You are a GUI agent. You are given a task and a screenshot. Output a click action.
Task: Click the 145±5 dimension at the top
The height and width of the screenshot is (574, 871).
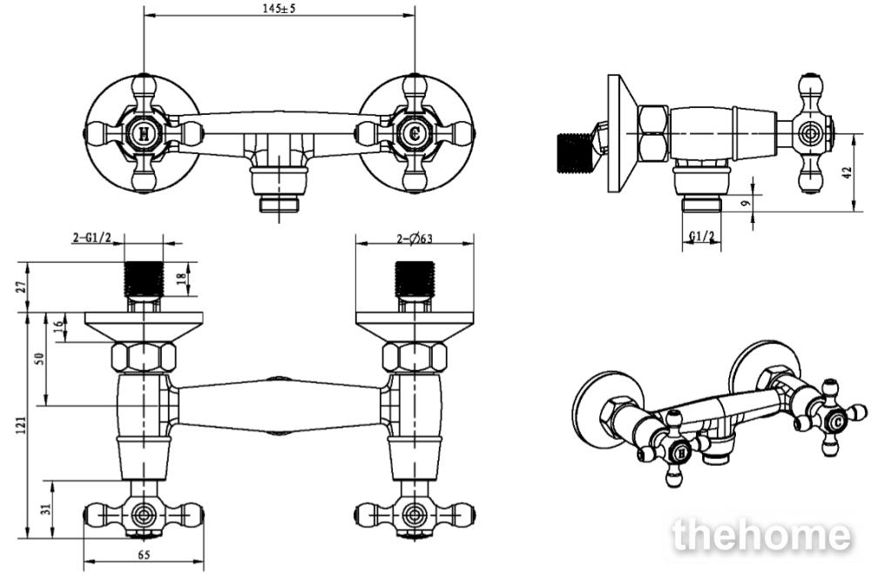point(279,8)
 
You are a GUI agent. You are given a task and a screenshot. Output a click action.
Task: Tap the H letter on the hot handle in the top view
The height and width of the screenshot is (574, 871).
point(144,133)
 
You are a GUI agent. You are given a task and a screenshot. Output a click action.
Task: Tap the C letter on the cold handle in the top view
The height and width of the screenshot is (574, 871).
point(415,133)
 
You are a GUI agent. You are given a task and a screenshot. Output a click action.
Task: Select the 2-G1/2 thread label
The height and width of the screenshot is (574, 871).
point(91,238)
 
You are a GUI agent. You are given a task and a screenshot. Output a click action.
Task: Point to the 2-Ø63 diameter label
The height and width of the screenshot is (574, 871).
point(415,239)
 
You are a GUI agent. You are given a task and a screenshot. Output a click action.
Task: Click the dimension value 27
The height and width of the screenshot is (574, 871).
point(22,287)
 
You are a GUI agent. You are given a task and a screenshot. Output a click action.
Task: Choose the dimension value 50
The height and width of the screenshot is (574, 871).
point(39,359)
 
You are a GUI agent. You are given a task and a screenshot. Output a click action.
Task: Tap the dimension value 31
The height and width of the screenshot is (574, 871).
point(47,508)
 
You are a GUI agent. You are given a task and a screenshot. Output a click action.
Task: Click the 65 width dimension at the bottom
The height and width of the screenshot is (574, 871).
point(144,555)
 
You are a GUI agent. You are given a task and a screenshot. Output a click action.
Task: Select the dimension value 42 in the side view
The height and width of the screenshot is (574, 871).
point(847,172)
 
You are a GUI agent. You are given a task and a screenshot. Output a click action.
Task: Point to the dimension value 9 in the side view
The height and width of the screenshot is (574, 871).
point(746,203)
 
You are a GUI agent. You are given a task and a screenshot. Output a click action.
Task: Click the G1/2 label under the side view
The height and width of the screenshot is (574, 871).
point(702,237)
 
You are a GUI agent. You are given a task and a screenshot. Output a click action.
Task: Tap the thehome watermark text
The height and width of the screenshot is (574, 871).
point(761,535)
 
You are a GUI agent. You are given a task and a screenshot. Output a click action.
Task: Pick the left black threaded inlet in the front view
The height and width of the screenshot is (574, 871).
point(144,279)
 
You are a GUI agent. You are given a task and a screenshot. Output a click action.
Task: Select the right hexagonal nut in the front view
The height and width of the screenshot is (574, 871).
point(415,357)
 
